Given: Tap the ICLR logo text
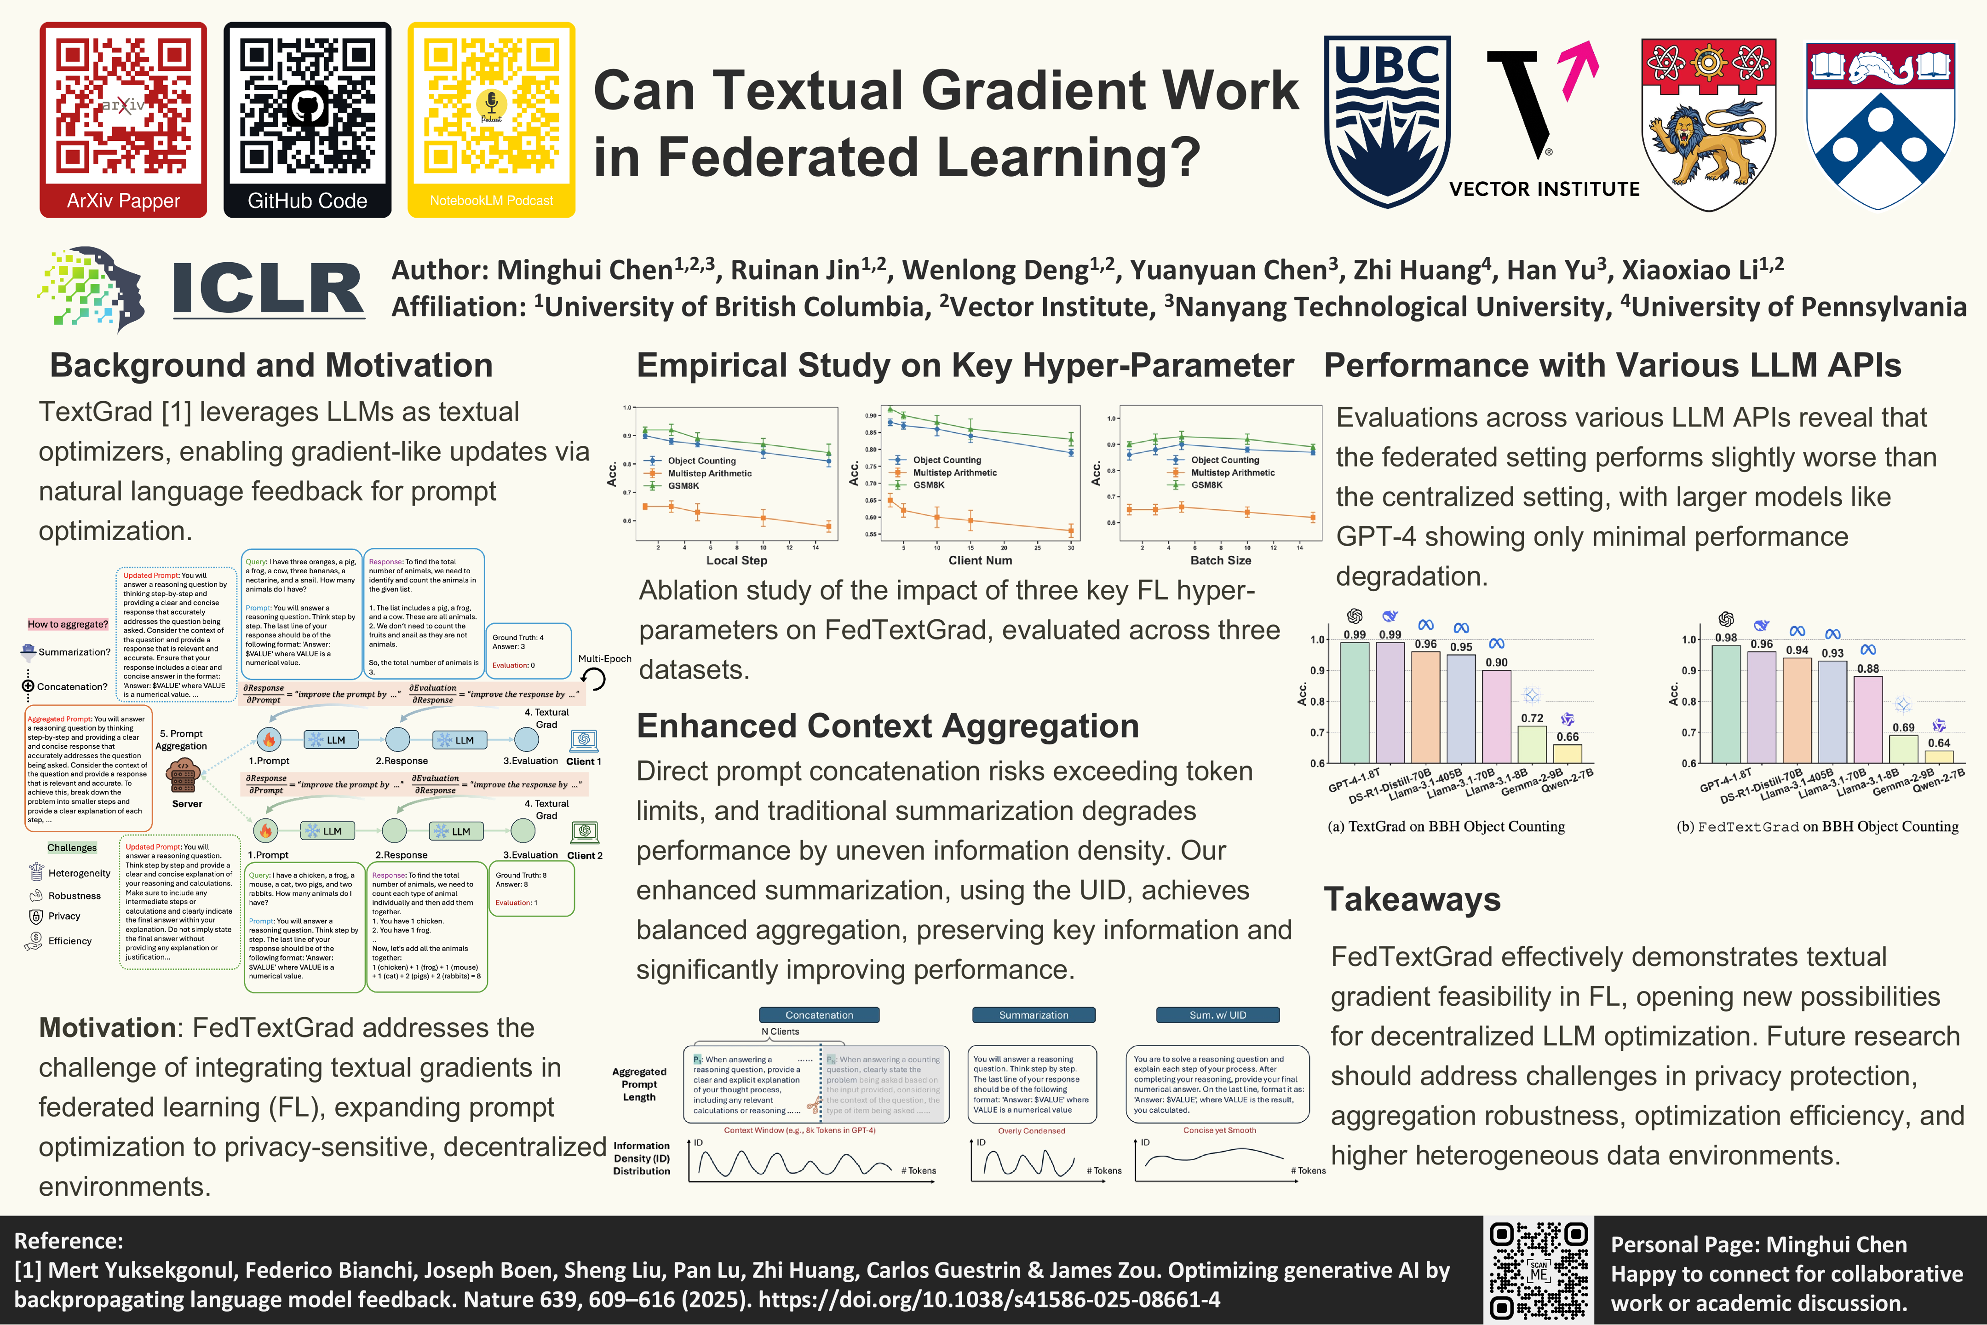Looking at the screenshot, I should tap(269, 289).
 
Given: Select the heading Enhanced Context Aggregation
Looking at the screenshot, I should tap(887, 726).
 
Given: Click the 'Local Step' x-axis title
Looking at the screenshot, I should tap(737, 560).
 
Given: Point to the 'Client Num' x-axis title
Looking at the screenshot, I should tap(980, 560).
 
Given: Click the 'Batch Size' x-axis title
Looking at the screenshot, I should tap(1221, 560).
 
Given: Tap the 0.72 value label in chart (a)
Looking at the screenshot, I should tap(1532, 718).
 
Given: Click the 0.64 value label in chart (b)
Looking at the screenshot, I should tap(1939, 743).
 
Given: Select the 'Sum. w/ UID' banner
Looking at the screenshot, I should tap(1217, 1015).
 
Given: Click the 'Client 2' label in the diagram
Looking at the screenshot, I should tap(585, 855).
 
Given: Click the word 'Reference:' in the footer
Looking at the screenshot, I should tap(69, 1240).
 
